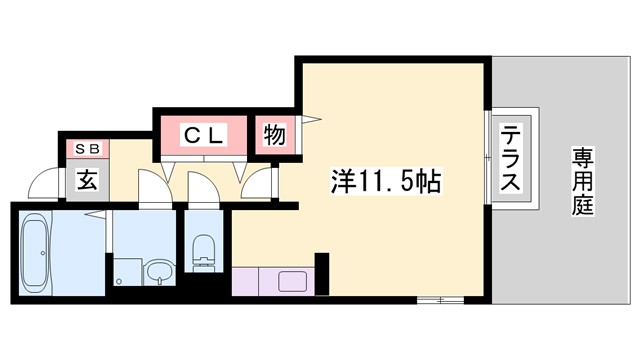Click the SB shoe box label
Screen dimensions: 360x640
point(85,149)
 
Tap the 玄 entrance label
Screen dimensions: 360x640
point(85,182)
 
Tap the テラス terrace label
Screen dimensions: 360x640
point(510,158)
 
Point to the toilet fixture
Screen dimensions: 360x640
point(204,250)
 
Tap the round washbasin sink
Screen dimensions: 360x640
point(158,271)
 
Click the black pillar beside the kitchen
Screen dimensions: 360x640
point(321,270)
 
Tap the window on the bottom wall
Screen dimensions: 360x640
point(440,298)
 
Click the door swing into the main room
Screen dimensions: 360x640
point(257,184)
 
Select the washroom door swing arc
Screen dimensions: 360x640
point(152,187)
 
